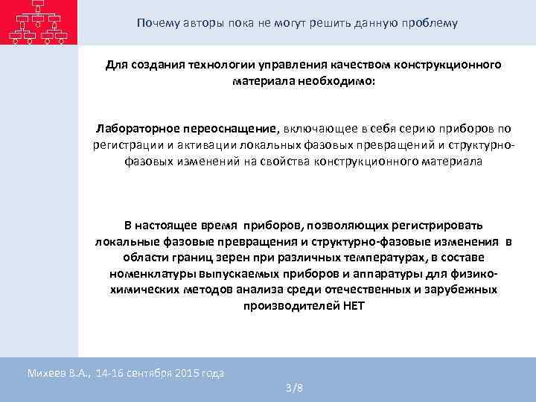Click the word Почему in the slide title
156,23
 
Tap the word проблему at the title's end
431,23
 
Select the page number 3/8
294,389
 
